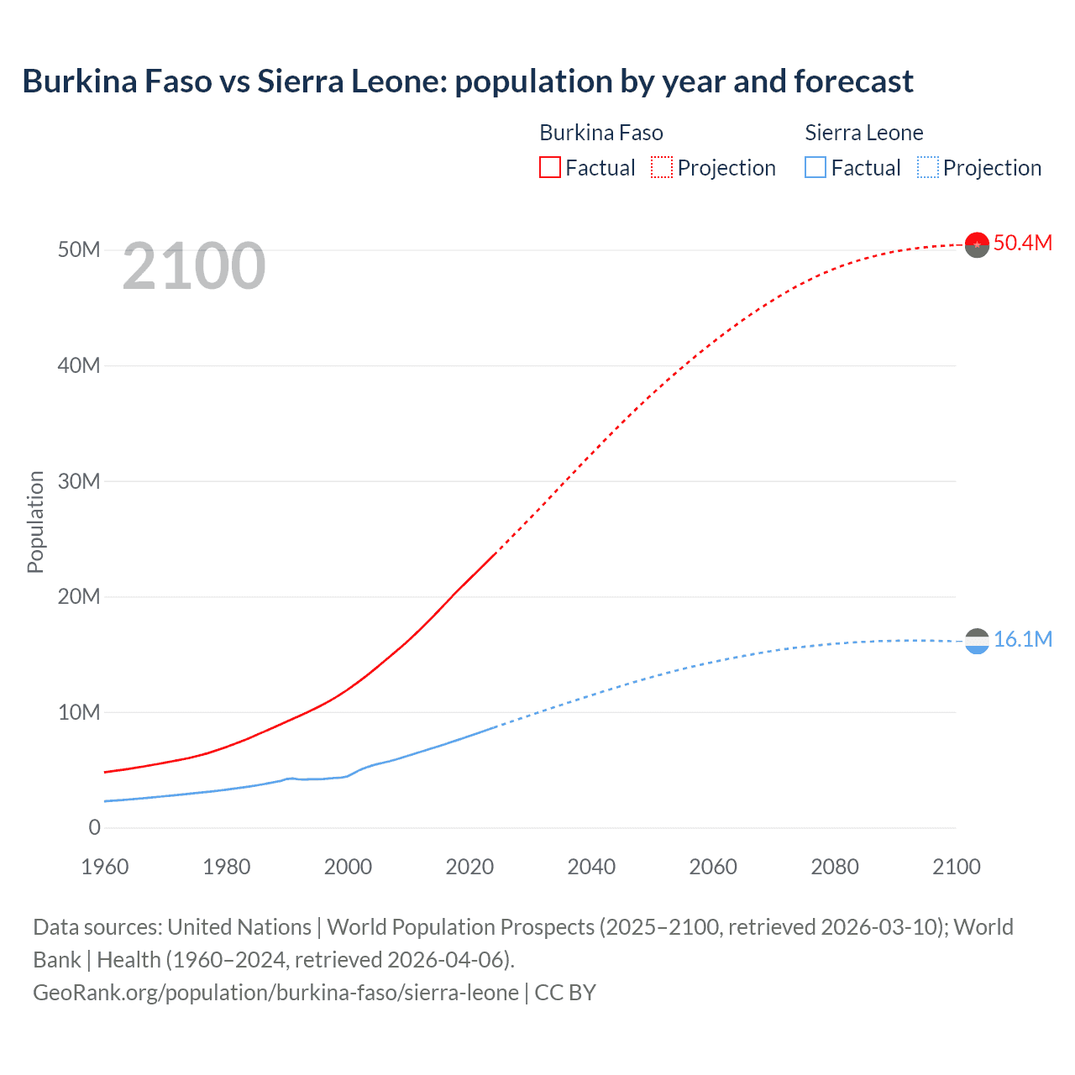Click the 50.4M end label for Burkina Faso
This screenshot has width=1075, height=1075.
1022,243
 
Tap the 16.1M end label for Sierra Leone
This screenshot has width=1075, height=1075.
1022,639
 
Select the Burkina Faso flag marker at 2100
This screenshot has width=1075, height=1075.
977,244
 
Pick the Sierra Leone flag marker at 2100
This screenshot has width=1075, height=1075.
977,642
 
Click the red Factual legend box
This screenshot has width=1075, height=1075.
549,168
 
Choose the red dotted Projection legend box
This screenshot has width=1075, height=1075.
662,168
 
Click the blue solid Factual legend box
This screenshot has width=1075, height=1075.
815,168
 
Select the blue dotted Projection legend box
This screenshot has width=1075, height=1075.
928,168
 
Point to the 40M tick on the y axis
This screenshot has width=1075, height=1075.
79,366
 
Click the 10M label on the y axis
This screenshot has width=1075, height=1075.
79,713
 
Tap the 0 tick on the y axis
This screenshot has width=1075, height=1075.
94,828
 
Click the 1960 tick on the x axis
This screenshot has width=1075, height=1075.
105,867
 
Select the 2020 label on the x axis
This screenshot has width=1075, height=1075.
469,867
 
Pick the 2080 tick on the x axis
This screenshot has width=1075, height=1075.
835,867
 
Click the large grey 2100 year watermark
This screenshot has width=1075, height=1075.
194,267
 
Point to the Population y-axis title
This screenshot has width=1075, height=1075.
35,522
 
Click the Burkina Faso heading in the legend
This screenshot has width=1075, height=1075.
601,133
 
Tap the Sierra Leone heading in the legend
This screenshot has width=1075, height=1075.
864,133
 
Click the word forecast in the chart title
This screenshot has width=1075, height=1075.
853,81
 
